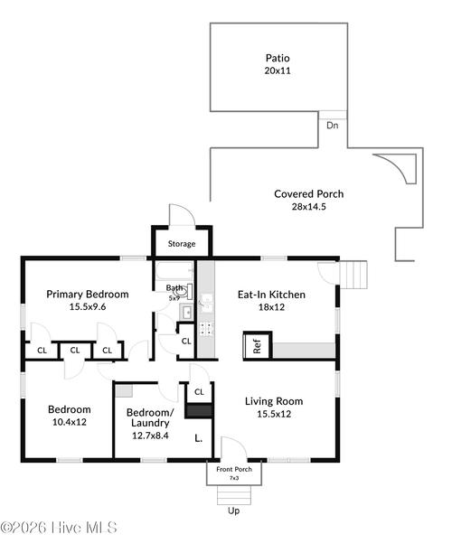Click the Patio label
click(x=278, y=58)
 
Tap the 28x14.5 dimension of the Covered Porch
click(x=309, y=207)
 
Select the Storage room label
click(x=182, y=244)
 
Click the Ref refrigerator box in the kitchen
click(x=258, y=346)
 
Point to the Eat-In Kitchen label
click(x=272, y=295)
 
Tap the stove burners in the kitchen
click(x=207, y=329)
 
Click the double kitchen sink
click(x=207, y=303)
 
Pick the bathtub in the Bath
click(x=175, y=270)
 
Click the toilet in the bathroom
click(x=182, y=292)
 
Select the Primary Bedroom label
click(x=88, y=295)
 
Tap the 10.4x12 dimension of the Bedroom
click(x=70, y=422)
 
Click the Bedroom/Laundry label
click(x=150, y=417)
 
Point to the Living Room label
click(x=274, y=401)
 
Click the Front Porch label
click(x=234, y=469)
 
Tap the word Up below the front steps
click(x=233, y=511)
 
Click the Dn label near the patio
click(x=333, y=126)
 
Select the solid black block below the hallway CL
click(x=199, y=411)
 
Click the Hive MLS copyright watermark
click(x=59, y=528)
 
